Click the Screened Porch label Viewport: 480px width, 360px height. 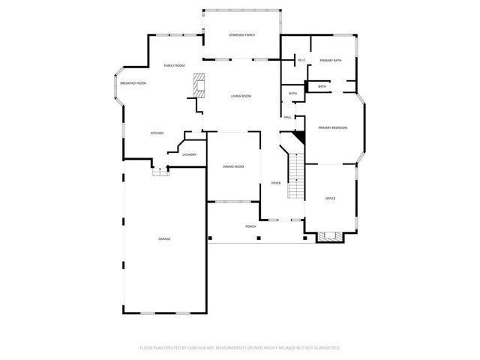click(241, 35)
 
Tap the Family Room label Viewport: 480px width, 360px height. click(175, 66)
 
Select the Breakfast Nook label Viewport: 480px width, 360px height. click(133, 82)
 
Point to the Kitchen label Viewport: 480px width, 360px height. click(157, 133)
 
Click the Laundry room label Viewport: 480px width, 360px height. click(189, 154)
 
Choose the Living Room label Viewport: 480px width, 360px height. click(241, 96)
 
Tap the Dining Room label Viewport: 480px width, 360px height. click(233, 166)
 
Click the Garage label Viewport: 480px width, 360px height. click(164, 238)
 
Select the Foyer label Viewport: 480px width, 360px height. click(275, 183)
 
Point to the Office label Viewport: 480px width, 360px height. click(330, 198)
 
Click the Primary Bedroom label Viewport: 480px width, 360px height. click(332, 128)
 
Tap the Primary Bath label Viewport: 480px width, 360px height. click(330, 60)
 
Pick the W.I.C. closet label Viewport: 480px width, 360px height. click(301, 60)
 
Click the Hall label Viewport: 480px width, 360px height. click(287, 117)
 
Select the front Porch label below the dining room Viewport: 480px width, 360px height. click(250, 226)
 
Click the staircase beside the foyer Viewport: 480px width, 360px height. click(297, 177)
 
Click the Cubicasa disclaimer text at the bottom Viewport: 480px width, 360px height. click(240, 347)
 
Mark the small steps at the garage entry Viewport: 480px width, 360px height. click(160, 171)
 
